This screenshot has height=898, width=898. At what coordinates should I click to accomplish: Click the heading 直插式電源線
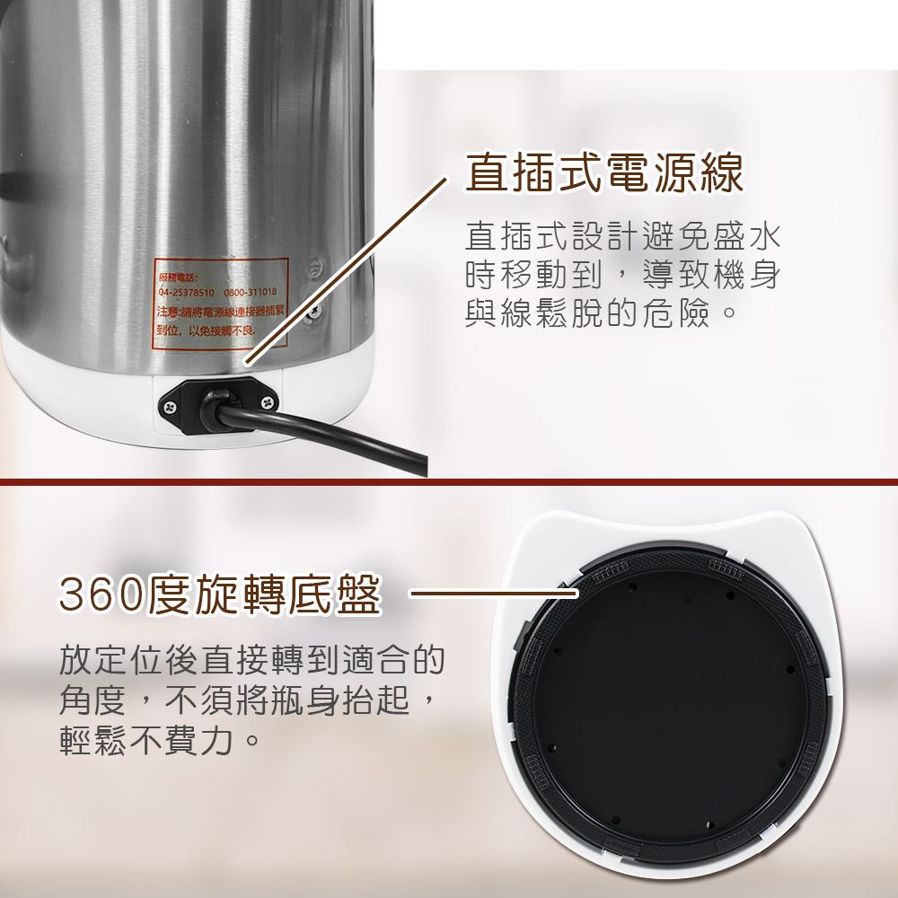(x=603, y=173)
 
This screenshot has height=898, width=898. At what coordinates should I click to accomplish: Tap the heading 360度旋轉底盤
(x=220, y=594)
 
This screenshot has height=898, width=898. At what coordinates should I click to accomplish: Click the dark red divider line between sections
(x=449, y=482)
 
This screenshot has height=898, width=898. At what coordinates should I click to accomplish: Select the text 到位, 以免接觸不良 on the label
(x=205, y=332)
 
